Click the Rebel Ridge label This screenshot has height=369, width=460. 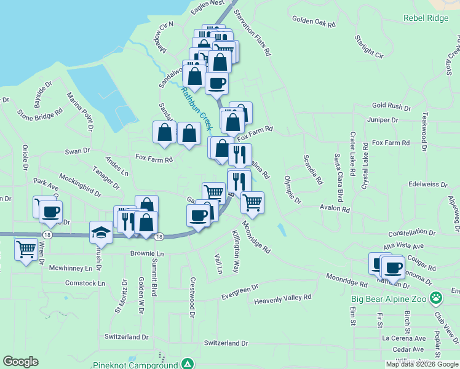coord(426,18)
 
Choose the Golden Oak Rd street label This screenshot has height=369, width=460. coord(314,22)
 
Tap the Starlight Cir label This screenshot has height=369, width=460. coord(369,47)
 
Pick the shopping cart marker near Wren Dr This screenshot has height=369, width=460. coord(26,250)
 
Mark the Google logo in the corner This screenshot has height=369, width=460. coord(21,362)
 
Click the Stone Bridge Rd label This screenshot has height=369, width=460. coord(41,114)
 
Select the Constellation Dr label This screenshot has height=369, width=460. coord(412,233)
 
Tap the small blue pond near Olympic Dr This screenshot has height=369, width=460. coord(282,230)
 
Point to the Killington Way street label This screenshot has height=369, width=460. coord(236,252)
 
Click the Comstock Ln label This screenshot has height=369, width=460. coord(85,283)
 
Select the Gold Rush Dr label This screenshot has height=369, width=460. coord(391,106)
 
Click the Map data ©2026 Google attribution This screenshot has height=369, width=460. coord(422,364)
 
